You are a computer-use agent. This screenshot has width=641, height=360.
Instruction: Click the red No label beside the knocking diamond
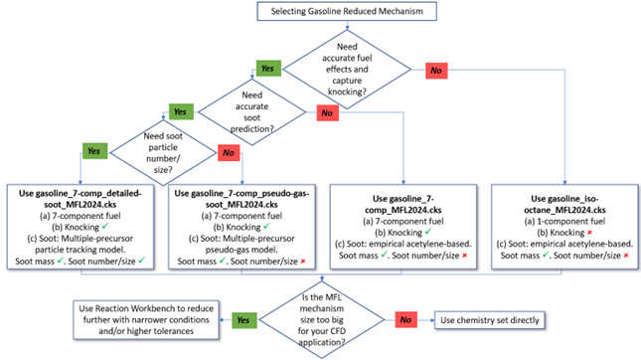coord(434,70)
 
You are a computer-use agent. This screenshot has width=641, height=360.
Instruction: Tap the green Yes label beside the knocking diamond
coord(268,68)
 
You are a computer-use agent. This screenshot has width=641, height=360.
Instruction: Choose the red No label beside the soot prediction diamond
coord(326,113)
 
